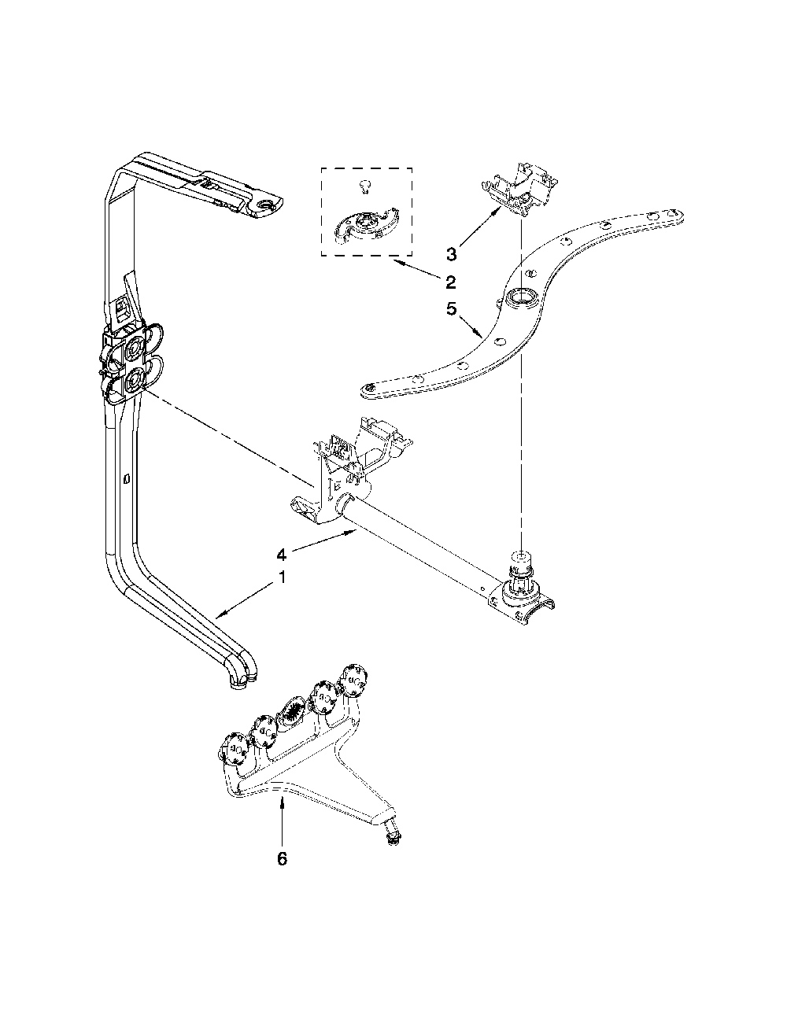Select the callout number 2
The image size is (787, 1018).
450,282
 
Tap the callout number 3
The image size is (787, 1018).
450,253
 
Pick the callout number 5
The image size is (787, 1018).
451,309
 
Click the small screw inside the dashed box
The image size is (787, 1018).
364,186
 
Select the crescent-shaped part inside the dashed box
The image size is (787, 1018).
366,227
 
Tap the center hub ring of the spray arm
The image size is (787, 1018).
519,297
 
